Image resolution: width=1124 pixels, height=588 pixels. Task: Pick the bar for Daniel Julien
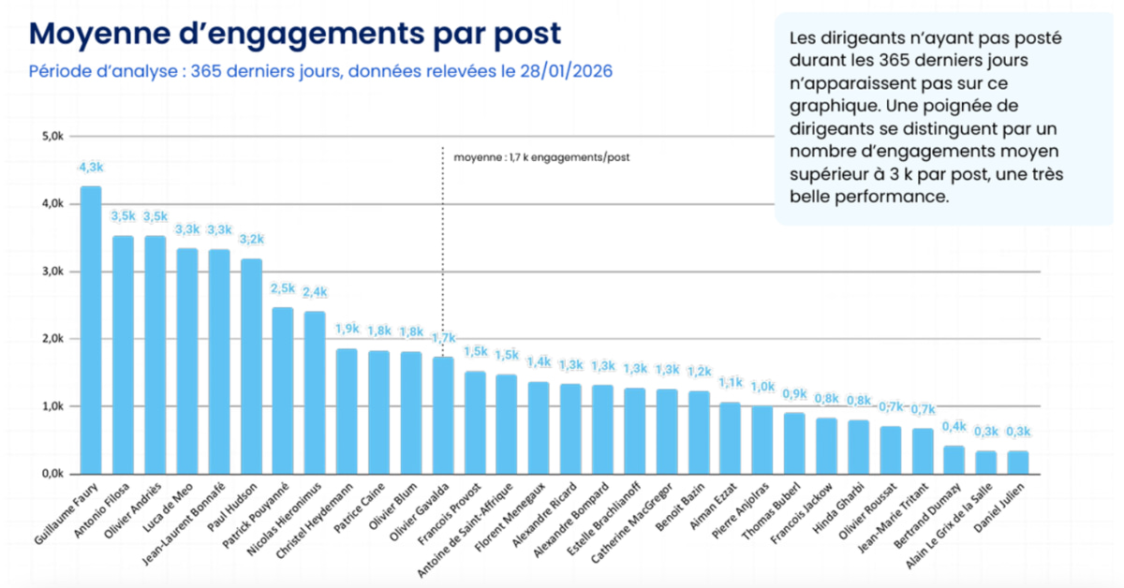(1017, 463)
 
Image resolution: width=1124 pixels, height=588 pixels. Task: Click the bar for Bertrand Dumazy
(954, 460)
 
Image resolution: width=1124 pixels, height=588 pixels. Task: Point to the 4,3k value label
(91, 167)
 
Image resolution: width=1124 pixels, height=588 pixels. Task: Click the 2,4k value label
(315, 292)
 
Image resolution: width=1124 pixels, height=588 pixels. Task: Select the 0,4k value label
(954, 427)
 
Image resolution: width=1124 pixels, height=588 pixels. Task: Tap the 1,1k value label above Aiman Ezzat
(730, 383)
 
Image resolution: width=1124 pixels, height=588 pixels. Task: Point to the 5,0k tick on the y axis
(48, 137)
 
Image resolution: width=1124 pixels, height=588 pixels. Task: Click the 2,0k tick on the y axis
(48, 339)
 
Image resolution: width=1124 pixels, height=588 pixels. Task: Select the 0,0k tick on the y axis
(48, 474)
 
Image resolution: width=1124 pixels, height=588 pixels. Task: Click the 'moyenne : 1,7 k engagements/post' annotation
(541, 157)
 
